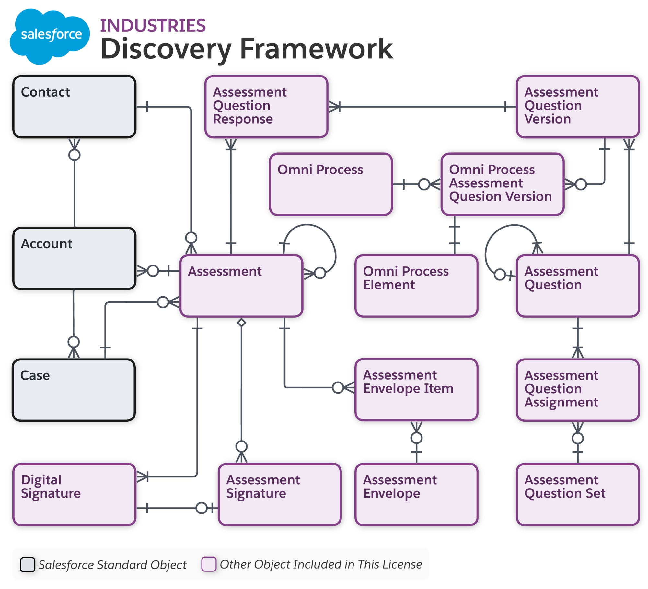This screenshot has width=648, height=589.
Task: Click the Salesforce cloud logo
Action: coord(49,36)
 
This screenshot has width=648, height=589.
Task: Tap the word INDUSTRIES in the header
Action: coord(153,26)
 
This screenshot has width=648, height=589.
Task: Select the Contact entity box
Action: coord(74,107)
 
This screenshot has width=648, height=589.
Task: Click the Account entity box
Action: coord(74,258)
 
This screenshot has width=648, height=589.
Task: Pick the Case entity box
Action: coord(74,390)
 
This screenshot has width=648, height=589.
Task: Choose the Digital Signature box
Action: coord(74,494)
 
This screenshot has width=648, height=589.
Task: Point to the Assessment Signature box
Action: coord(280,494)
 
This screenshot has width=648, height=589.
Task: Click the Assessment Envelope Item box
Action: coord(416,390)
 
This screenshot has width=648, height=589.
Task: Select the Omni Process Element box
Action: coord(416,286)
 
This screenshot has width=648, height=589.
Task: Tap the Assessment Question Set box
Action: coord(578,494)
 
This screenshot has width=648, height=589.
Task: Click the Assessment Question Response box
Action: coord(266,107)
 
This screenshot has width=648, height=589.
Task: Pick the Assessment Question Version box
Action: coord(578,107)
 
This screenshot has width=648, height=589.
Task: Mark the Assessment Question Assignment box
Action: coord(578,390)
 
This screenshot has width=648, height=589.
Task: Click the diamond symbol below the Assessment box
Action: coord(241,323)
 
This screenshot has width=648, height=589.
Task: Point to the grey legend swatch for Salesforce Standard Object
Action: coord(28,565)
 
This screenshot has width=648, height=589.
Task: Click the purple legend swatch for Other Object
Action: coord(209,564)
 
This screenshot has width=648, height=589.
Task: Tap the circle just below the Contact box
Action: coord(75,155)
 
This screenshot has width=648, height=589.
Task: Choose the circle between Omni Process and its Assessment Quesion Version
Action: coord(424,184)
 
